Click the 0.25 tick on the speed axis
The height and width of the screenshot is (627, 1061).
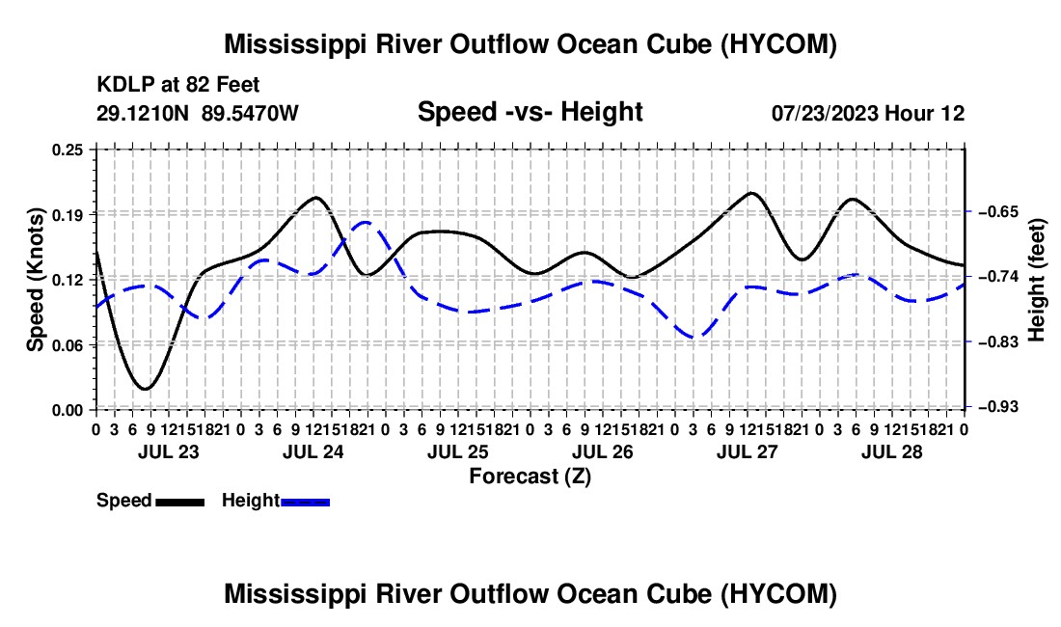[68, 149]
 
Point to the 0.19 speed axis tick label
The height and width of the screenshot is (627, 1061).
[68, 214]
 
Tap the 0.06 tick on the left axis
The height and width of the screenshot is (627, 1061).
[68, 345]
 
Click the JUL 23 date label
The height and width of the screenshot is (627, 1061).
[169, 451]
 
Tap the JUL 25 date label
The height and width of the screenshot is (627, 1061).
[458, 451]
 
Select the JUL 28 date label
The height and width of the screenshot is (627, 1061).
[892, 451]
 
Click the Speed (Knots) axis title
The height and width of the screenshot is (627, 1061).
[35, 280]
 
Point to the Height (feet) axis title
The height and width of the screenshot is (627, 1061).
[1037, 280]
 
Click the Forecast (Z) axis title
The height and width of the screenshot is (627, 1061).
[530, 477]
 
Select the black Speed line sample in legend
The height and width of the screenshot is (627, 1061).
[180, 502]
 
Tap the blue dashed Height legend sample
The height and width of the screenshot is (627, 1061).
[305, 502]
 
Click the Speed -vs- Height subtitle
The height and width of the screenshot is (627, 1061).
[530, 112]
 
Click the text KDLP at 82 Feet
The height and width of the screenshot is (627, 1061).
[178, 85]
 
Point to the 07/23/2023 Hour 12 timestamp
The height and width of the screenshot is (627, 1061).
[868, 113]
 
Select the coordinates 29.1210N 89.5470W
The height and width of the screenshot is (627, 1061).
[198, 113]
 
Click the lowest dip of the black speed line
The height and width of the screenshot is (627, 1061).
[145, 388]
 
